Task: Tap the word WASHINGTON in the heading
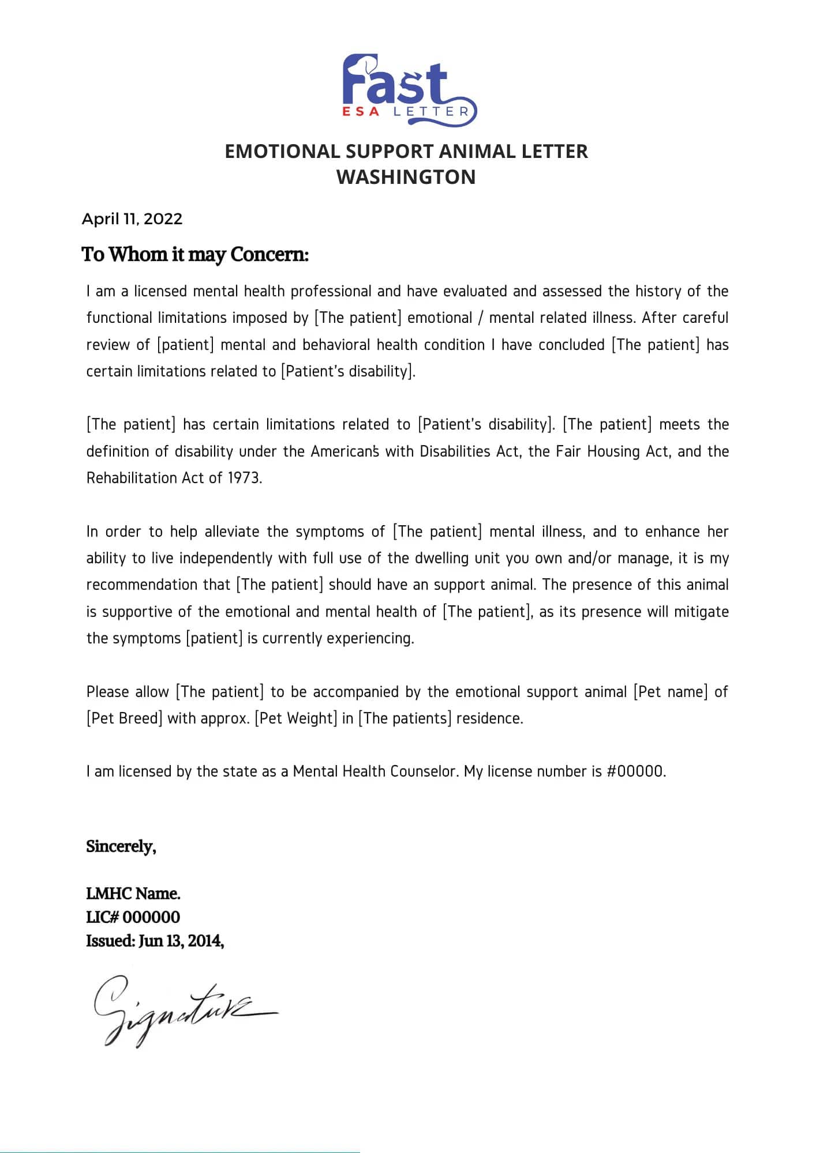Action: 406,176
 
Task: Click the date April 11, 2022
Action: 132,219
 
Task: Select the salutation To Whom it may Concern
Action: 195,254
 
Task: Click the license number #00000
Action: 636,771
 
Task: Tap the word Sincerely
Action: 121,846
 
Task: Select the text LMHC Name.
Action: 133,894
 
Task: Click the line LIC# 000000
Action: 133,917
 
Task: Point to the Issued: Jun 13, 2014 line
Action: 155,941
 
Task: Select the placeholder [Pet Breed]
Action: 124,718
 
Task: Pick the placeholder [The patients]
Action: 405,718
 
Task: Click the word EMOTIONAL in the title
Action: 282,151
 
